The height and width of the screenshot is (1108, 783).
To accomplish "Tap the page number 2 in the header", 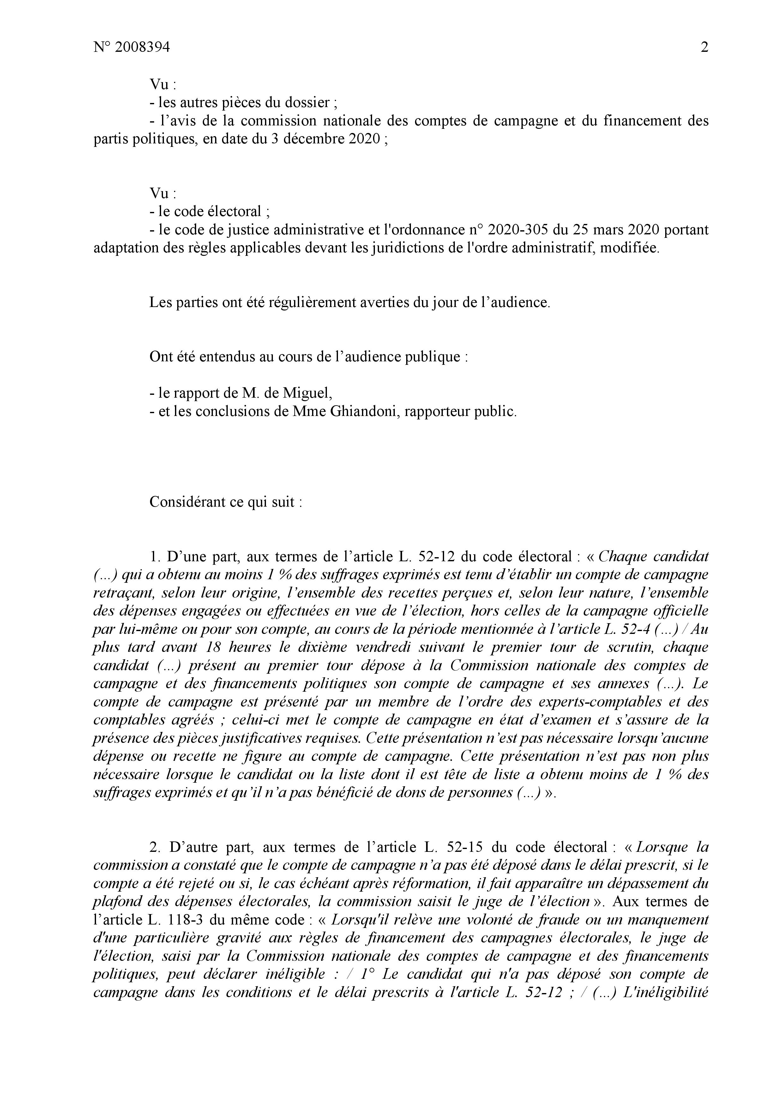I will pyautogui.click(x=704, y=48).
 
